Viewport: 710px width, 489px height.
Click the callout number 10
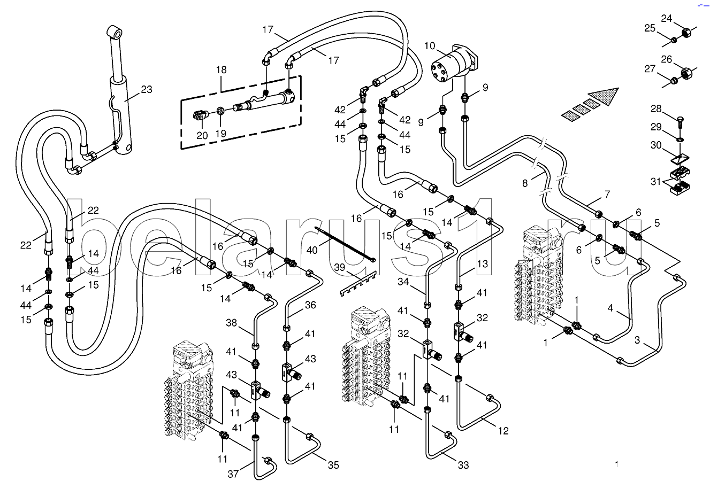pyautogui.click(x=430, y=46)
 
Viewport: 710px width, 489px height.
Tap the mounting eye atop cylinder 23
pyautogui.click(x=114, y=32)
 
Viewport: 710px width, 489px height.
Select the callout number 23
pyautogui.click(x=147, y=89)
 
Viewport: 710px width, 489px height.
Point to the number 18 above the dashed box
pyautogui.click(x=222, y=69)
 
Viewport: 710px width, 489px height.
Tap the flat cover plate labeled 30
pyautogui.click(x=680, y=159)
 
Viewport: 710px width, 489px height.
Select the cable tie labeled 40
pyautogui.click(x=346, y=244)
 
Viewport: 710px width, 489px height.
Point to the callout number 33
pyautogui.click(x=463, y=465)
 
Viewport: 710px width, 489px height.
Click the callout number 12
pyautogui.click(x=503, y=431)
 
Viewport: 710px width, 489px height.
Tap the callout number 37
pyautogui.click(x=233, y=474)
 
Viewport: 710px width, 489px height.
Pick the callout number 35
pyautogui.click(x=333, y=465)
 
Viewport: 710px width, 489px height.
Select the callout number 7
pyautogui.click(x=607, y=194)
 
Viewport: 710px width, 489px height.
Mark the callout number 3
pyautogui.click(x=637, y=340)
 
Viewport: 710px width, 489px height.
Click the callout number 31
pyautogui.click(x=655, y=181)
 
